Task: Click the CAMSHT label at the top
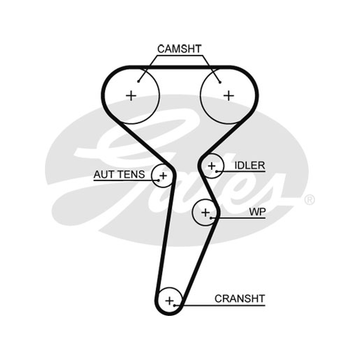coord(179,49)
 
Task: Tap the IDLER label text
coord(250,166)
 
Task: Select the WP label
coord(257,212)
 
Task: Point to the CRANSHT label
coord(240,299)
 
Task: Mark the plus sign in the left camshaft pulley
coord(131,95)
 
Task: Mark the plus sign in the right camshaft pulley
coord(229,95)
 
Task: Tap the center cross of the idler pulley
coord(211,166)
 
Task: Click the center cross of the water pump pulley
coord(205,212)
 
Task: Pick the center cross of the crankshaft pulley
coord(170,301)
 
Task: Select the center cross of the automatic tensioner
coord(163,176)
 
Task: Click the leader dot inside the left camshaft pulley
coord(138,81)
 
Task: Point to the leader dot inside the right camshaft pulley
coord(220,82)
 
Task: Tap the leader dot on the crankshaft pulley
coord(175,306)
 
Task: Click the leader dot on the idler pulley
coord(216,171)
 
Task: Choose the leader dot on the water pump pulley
coord(211,218)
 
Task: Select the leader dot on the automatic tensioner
coord(159,180)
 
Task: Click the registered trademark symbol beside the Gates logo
coord(310,200)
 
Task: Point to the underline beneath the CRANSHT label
coord(220,306)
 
